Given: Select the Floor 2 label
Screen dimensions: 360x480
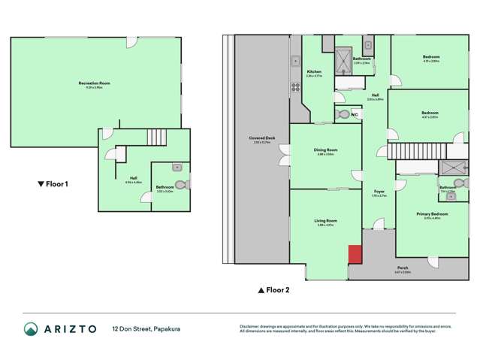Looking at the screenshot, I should (x=274, y=289).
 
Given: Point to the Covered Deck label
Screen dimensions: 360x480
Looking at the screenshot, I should (x=261, y=139).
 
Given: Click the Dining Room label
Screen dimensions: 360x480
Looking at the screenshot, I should (x=325, y=150).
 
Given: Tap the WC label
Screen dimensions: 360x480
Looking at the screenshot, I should (x=354, y=114).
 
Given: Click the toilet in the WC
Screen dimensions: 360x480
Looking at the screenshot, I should (x=343, y=115).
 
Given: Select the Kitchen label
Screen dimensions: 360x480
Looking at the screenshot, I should (x=313, y=71).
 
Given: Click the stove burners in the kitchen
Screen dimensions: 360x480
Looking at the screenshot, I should (x=296, y=86).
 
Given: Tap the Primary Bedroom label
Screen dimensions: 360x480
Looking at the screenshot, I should (x=432, y=214).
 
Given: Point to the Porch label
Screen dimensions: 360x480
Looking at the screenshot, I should (x=403, y=268).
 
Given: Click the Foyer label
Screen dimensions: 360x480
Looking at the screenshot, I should (x=380, y=192).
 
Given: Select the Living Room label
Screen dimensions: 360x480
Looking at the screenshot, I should (x=325, y=221).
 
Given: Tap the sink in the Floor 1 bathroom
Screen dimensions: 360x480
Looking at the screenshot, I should (x=177, y=168).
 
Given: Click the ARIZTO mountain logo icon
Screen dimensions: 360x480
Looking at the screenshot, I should (x=30, y=329).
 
